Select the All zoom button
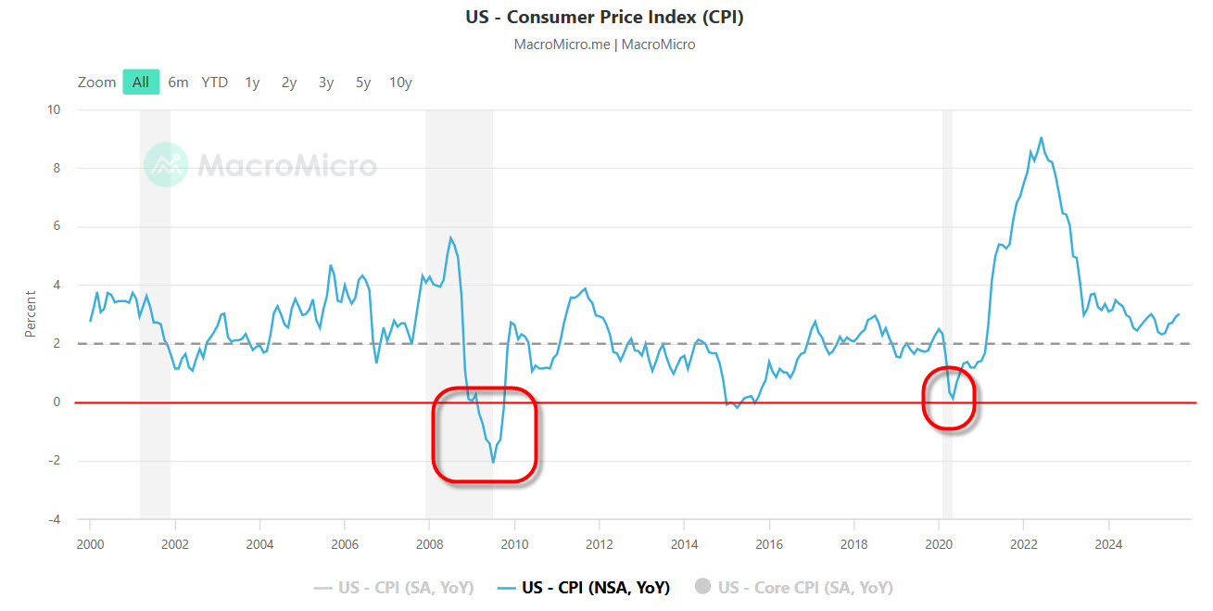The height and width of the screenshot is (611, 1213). pyautogui.click(x=141, y=82)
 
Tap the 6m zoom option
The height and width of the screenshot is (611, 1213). pyautogui.click(x=178, y=82)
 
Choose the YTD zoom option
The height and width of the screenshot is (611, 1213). pyautogui.click(x=215, y=82)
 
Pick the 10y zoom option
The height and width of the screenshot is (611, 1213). pyautogui.click(x=400, y=82)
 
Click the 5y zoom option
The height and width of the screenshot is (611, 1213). pyautogui.click(x=363, y=82)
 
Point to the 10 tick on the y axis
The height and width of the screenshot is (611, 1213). pyautogui.click(x=54, y=109)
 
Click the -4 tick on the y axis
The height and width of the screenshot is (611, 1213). pyautogui.click(x=53, y=519)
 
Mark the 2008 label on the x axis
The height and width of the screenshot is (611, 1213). pyautogui.click(x=429, y=543)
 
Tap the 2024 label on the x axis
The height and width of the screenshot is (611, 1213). pyautogui.click(x=1108, y=543)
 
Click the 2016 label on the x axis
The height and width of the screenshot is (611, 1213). pyautogui.click(x=769, y=543)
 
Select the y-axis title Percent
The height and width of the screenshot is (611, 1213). pyautogui.click(x=31, y=313)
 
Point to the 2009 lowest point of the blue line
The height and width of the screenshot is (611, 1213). pyautogui.click(x=493, y=462)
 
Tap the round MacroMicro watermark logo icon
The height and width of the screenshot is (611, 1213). pyautogui.click(x=166, y=165)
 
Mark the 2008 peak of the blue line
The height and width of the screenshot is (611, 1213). pyautogui.click(x=450, y=237)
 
